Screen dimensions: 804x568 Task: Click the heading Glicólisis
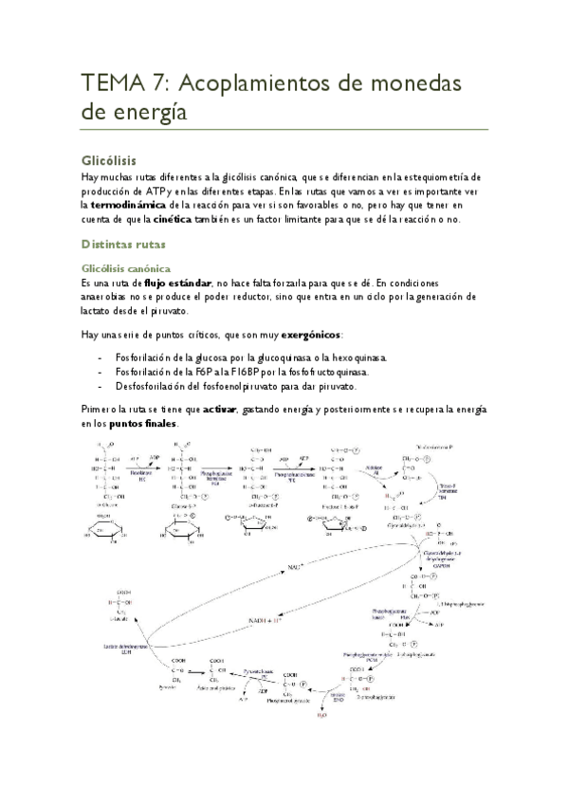[x=110, y=160]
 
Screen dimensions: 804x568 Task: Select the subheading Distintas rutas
[x=124, y=245]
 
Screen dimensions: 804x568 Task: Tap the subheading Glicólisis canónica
[x=126, y=268]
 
